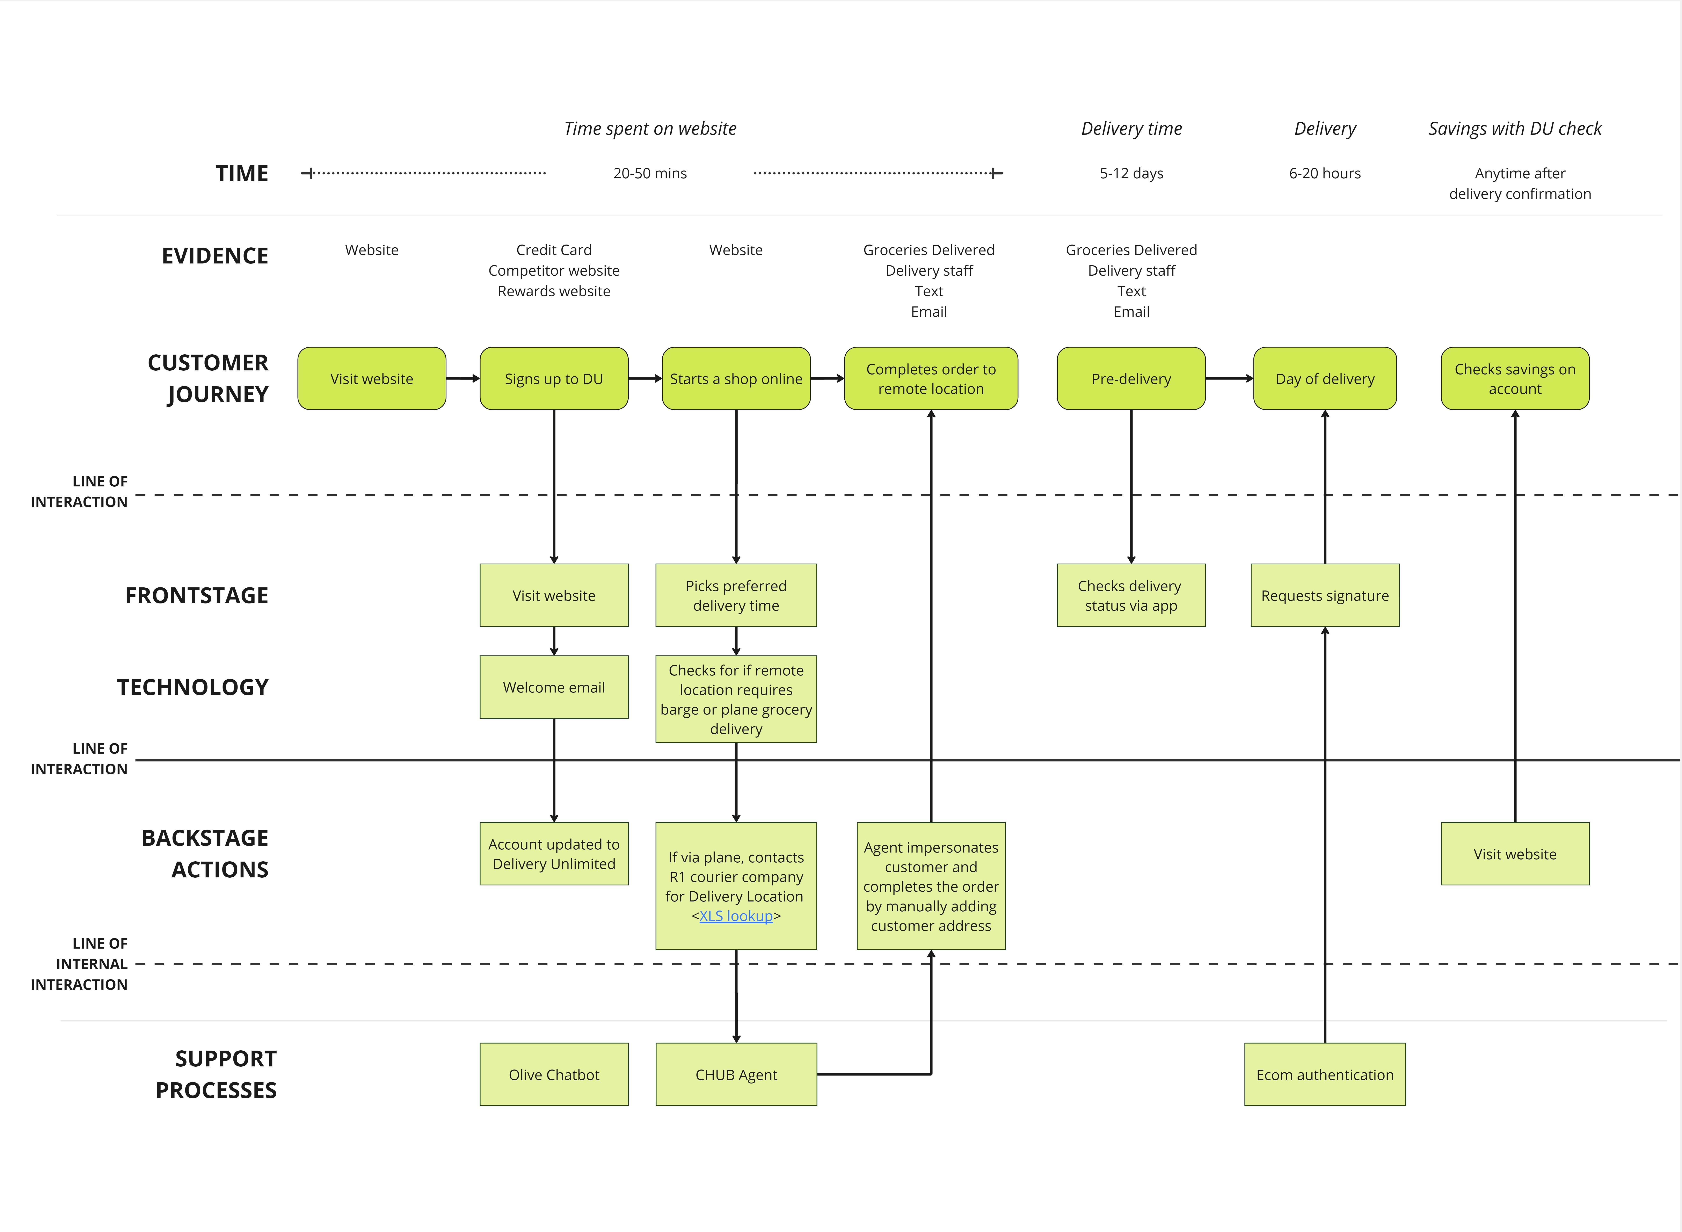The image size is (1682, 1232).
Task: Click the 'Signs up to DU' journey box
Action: pyautogui.click(x=554, y=378)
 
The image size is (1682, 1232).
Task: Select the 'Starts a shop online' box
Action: pyautogui.click(x=736, y=378)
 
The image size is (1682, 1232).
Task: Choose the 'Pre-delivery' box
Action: pyautogui.click(x=1131, y=378)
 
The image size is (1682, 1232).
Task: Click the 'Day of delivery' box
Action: pyautogui.click(x=1325, y=378)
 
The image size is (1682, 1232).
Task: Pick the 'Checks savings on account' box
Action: pyautogui.click(x=1515, y=378)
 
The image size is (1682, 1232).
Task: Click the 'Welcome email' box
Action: pyautogui.click(x=554, y=687)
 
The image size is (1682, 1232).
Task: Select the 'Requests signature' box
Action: pyautogui.click(x=1325, y=595)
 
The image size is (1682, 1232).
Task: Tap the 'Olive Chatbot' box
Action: pyautogui.click(x=554, y=1074)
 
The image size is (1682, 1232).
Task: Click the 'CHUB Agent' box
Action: pyautogui.click(x=736, y=1074)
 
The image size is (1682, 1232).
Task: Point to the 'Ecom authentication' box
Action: pyautogui.click(x=1325, y=1074)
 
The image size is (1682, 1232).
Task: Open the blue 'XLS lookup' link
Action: pyautogui.click(x=736, y=916)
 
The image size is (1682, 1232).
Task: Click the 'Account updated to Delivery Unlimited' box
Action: pyautogui.click(x=554, y=854)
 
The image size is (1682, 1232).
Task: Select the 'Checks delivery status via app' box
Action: pyautogui.click(x=1131, y=595)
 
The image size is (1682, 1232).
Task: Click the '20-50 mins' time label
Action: pyautogui.click(x=650, y=173)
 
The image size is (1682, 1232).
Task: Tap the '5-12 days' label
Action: pyautogui.click(x=1131, y=173)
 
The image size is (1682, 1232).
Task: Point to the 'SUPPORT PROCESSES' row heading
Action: pyautogui.click(x=216, y=1074)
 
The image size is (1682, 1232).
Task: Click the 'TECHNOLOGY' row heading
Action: pyautogui.click(x=192, y=687)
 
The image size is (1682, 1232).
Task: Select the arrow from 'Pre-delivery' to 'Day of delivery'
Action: pyautogui.click(x=1229, y=378)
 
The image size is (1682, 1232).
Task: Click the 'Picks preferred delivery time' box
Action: pyautogui.click(x=736, y=595)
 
